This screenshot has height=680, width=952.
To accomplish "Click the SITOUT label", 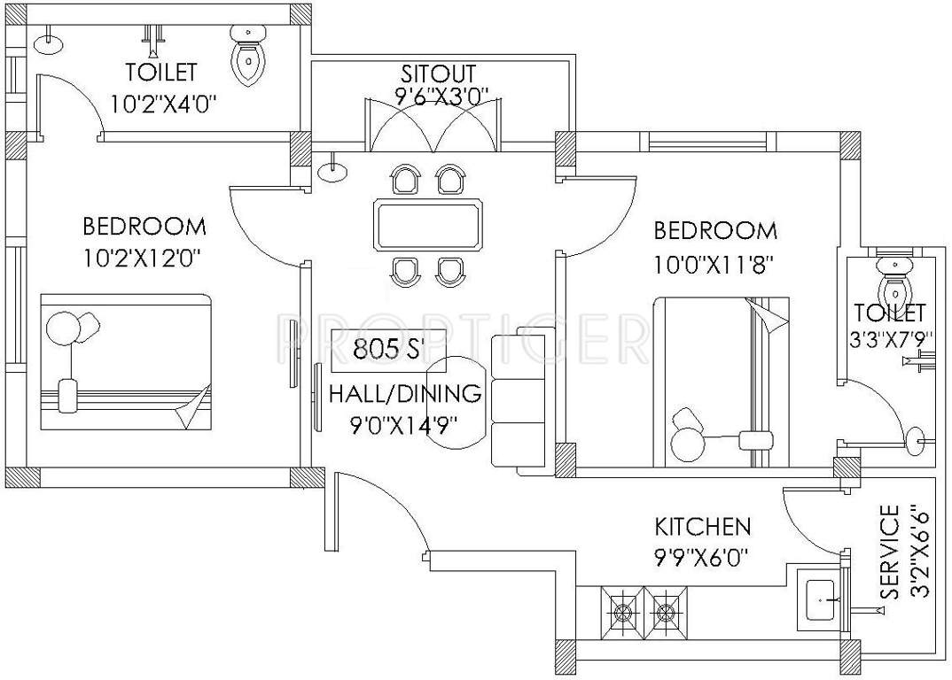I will click(439, 73).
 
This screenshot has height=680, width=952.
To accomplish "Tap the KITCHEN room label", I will click(702, 527).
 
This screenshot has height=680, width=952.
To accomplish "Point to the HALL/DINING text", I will click(405, 394).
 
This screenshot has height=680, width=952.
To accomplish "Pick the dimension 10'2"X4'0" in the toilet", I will click(164, 104).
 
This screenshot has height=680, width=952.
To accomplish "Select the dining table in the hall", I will click(429, 225).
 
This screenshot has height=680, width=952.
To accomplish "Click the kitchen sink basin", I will click(820, 601).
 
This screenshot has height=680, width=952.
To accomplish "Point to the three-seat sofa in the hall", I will click(520, 404).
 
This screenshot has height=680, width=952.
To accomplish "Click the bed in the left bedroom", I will click(125, 363).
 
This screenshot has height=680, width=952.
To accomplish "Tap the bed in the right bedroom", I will click(720, 381).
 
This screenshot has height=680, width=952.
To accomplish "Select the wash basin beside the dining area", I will click(332, 171).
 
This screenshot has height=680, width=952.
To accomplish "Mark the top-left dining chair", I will click(408, 181).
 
